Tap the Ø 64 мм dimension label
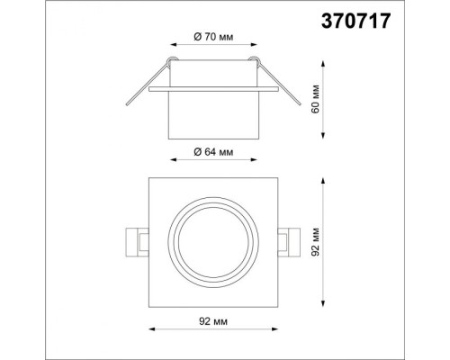coord(212,152)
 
